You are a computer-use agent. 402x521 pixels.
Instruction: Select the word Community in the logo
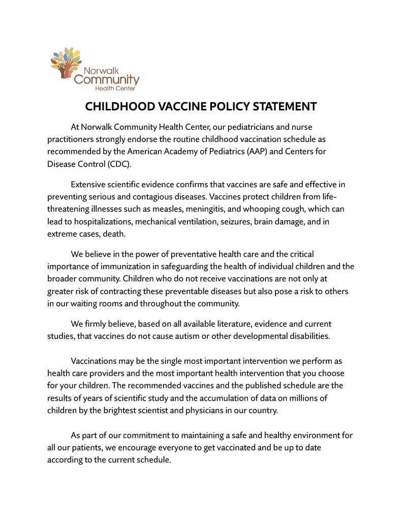(106, 79)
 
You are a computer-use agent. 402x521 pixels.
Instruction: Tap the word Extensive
(90, 184)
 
